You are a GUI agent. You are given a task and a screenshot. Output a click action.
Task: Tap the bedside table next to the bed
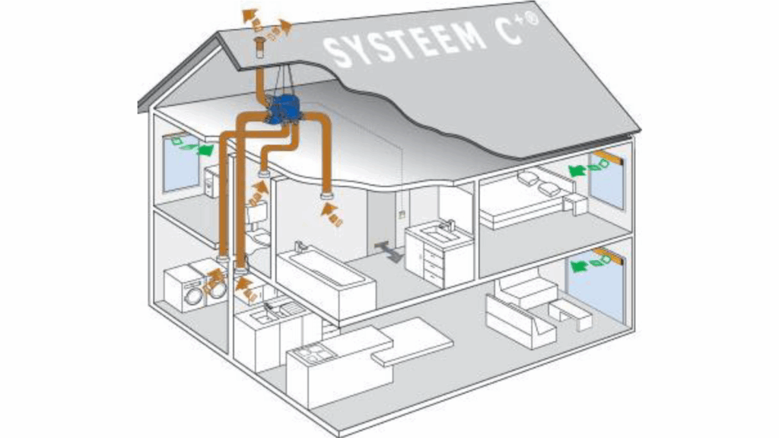pyautogui.click(x=575, y=204)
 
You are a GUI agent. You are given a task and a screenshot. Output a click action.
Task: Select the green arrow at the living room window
pyautogui.click(x=581, y=265)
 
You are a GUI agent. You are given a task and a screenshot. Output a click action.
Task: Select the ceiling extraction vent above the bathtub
pyautogui.click(x=329, y=198)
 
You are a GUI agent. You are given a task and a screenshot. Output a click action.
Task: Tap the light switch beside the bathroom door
pyautogui.click(x=402, y=214)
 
